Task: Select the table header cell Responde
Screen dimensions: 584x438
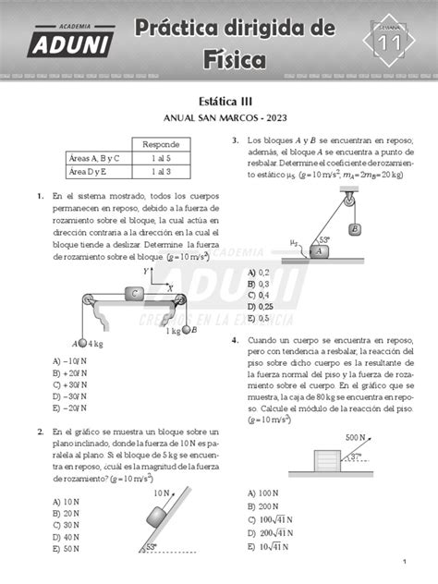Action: [x=163, y=144]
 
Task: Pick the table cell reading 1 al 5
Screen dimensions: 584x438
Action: [x=163, y=158]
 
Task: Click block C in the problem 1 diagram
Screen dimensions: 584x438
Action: [x=134, y=294]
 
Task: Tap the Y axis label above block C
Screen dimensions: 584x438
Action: [x=146, y=271]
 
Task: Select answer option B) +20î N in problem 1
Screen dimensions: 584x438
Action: [x=70, y=372]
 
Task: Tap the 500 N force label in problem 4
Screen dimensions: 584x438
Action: [x=355, y=437]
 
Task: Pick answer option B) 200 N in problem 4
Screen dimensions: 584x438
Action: [x=263, y=506]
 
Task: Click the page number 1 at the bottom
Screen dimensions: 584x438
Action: [x=405, y=563]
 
